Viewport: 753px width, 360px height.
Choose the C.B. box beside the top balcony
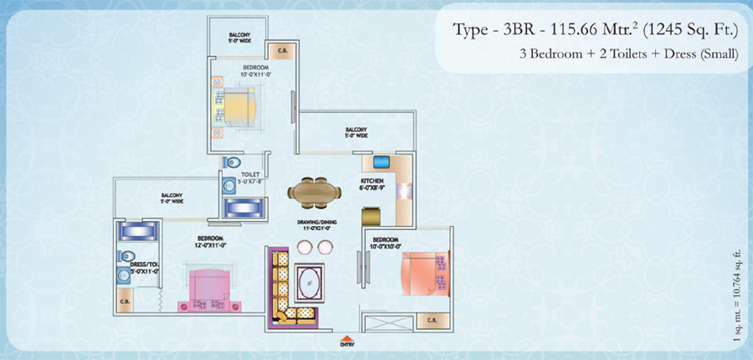click(284, 47)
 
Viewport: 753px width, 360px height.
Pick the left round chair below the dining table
click(303, 247)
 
